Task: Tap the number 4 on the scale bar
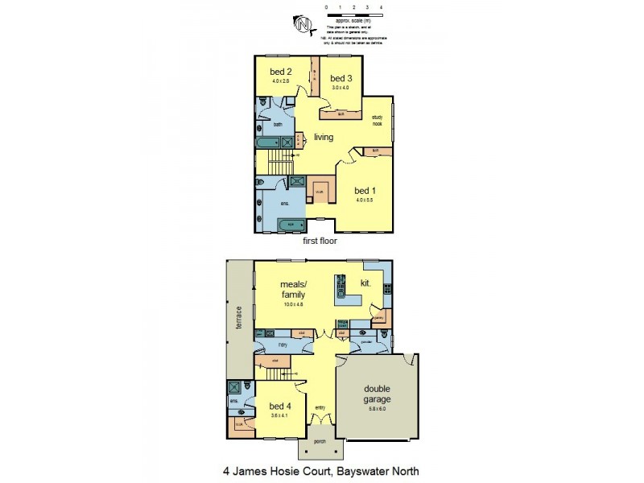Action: (x=380, y=6)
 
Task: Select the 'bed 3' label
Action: (x=341, y=78)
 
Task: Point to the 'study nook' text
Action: (x=377, y=121)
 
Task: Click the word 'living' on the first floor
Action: (x=324, y=138)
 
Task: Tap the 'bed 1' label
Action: (x=365, y=190)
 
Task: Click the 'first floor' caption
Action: (x=320, y=241)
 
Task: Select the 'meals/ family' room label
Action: (x=292, y=290)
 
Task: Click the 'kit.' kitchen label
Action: (x=365, y=283)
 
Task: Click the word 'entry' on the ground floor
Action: (x=320, y=407)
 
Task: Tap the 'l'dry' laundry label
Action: (x=283, y=345)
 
